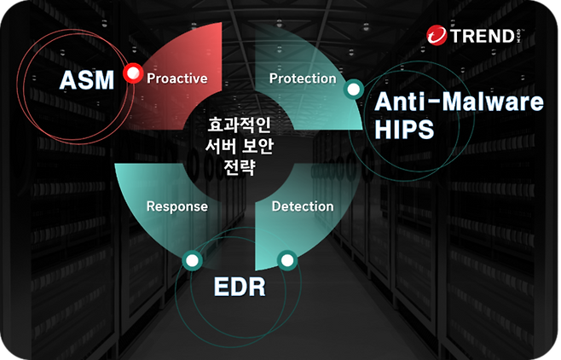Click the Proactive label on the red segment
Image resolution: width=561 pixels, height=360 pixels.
tap(177, 78)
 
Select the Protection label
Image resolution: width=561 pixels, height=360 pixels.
tap(303, 78)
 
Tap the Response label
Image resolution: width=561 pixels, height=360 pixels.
tap(177, 206)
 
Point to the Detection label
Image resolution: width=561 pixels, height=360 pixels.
tap(303, 206)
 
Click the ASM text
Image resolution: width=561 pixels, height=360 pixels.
tap(85, 81)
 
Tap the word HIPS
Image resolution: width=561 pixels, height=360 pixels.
tap(404, 131)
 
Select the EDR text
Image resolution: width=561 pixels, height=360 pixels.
tap(239, 287)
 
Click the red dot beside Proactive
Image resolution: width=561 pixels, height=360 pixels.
tap(131, 74)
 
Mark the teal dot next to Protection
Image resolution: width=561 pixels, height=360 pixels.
tap(351, 89)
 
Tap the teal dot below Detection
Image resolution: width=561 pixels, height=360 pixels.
tap(286, 258)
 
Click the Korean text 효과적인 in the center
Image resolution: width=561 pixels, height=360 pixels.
tap(239, 125)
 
